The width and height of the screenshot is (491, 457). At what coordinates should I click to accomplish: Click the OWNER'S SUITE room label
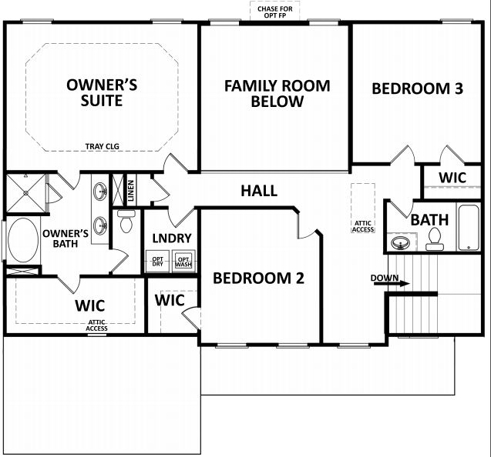point(102,92)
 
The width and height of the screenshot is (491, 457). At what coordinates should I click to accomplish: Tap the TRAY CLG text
point(102,145)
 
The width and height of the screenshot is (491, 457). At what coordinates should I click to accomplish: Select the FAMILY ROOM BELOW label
point(277,93)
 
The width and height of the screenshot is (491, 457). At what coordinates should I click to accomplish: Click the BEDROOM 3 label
point(417,88)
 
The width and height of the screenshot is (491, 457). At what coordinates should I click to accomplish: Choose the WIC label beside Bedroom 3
point(452,178)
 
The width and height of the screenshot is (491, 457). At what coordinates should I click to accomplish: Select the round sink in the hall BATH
point(400,244)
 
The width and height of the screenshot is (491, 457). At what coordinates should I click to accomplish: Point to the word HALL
point(259,191)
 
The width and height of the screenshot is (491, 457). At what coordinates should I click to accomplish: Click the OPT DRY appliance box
point(158,261)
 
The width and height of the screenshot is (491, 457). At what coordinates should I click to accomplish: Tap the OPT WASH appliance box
point(183,261)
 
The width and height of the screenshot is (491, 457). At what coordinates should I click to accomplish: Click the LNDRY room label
point(171,239)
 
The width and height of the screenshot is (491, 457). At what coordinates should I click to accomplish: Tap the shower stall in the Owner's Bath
point(25,192)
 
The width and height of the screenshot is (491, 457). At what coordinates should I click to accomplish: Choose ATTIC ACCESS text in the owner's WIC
point(96,325)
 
